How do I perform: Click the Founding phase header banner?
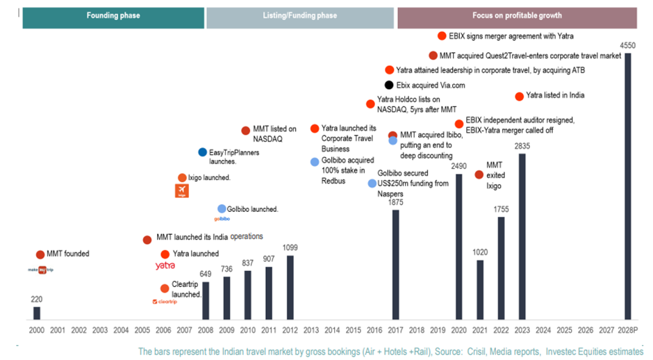(x=113, y=16)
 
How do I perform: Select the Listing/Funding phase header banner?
(x=300, y=16)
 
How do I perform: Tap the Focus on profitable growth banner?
(x=517, y=16)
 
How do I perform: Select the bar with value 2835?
(x=522, y=236)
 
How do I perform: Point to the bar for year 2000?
(x=37, y=313)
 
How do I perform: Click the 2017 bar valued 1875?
(x=395, y=265)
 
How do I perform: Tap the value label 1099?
(x=290, y=247)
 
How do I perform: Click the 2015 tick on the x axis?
(x=353, y=329)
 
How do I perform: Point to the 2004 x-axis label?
(x=121, y=329)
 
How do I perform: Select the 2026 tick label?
(x=585, y=329)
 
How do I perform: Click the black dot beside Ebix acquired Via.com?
(x=389, y=85)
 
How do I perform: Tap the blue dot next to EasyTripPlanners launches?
(x=202, y=152)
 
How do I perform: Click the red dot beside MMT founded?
(x=40, y=254)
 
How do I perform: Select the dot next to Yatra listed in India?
(x=519, y=97)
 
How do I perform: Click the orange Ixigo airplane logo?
(x=181, y=191)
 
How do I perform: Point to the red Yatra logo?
(x=165, y=265)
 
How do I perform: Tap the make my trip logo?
(x=42, y=269)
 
